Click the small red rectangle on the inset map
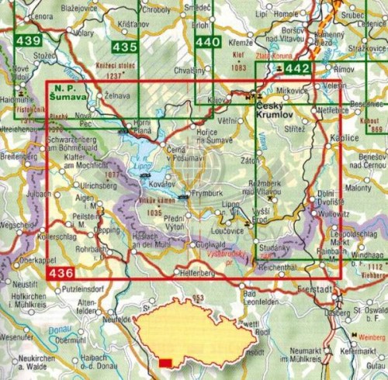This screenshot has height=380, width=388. (x=165, y=362)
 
